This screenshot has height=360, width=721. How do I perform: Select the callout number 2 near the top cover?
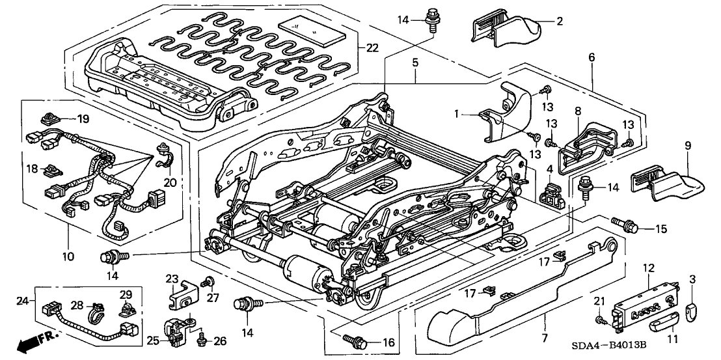point(558,21)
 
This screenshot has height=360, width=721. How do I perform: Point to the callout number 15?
point(661,228)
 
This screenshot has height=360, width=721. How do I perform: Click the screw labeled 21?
point(601,321)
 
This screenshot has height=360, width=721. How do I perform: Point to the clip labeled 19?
point(49,119)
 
